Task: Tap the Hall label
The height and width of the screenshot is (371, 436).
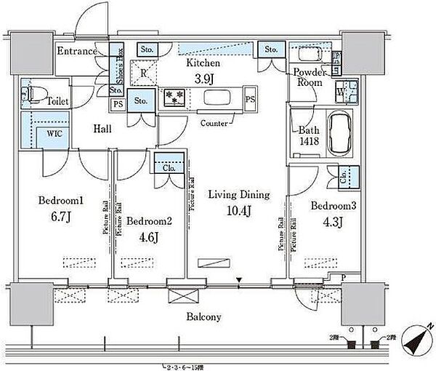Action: [102, 128]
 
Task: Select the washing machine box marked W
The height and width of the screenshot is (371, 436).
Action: [340, 93]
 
